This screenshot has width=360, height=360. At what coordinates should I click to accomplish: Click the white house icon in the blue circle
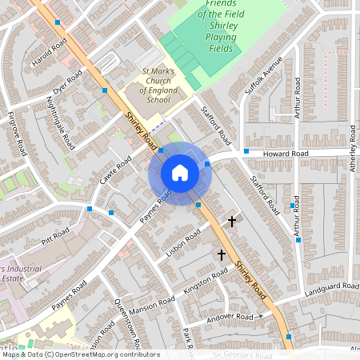180,172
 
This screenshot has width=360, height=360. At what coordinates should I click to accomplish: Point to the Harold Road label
45,55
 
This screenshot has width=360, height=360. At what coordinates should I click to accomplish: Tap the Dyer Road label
68,82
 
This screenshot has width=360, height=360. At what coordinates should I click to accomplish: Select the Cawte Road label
114,174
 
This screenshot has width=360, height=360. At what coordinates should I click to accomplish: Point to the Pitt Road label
58,239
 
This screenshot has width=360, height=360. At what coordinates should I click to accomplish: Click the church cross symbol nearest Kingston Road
222,254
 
